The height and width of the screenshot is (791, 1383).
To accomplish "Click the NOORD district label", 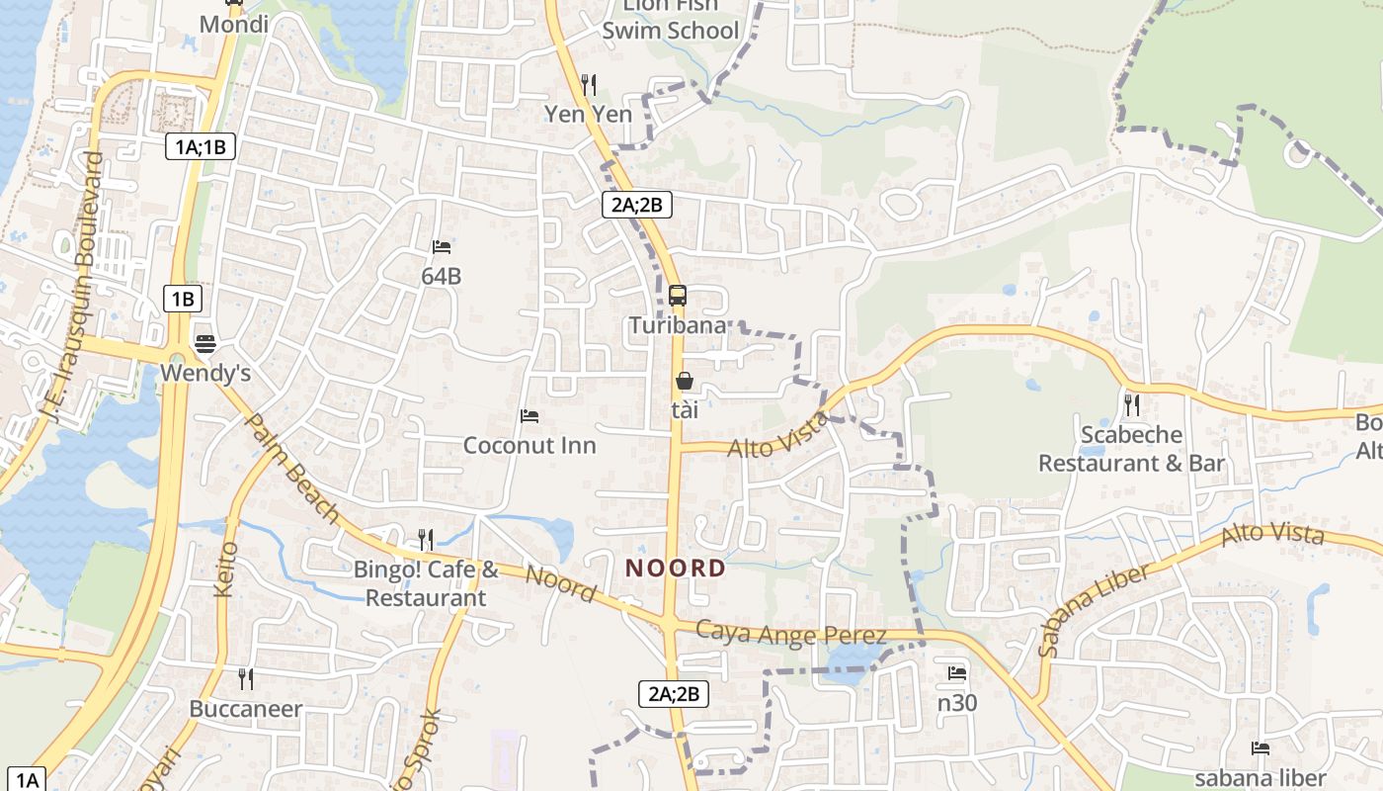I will [677, 569].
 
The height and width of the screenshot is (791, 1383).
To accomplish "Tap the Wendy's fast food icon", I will [205, 344].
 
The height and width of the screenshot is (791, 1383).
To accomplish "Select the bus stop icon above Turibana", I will [678, 295].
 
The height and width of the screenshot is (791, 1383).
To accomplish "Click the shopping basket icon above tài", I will [684, 381].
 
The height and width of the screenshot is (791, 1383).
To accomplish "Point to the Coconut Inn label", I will [529, 445].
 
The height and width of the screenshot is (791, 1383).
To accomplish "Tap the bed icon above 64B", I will [442, 246].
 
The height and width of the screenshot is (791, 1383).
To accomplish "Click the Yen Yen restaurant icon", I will [589, 84].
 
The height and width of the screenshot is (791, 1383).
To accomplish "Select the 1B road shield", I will [183, 299].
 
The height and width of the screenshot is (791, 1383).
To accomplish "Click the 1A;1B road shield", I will [201, 147].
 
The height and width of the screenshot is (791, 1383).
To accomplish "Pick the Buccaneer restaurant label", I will [246, 709].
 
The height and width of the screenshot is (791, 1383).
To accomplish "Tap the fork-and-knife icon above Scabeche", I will [1132, 404].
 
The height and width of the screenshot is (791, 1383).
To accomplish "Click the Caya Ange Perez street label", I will [790, 633].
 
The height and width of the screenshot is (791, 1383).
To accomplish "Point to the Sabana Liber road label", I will [1095, 610].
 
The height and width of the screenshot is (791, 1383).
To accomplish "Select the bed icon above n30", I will [957, 673].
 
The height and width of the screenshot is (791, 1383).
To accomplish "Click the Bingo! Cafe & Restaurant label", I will [426, 583].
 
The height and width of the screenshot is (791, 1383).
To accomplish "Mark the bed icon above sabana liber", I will [1261, 748].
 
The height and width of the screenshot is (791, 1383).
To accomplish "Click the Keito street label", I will [226, 569].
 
